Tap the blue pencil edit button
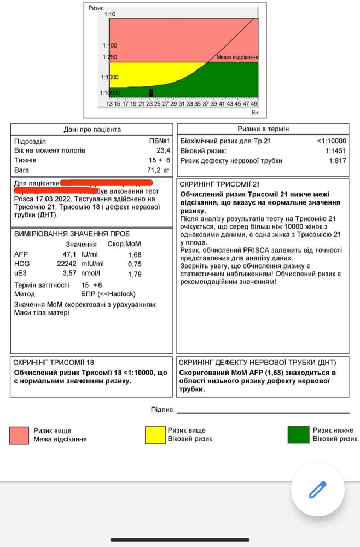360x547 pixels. (317, 489)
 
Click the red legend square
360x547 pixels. (19, 435)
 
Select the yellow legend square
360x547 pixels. (154, 435)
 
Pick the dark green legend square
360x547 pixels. (298, 435)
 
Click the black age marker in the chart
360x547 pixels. (151, 93)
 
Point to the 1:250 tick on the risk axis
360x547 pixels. (109, 57)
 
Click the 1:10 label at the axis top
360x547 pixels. (109, 14)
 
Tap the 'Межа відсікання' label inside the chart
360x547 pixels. (237, 57)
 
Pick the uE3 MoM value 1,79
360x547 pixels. (134, 273)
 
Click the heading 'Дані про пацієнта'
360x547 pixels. (92, 130)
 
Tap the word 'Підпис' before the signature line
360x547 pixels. (162, 410)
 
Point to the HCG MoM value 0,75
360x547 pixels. (134, 264)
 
